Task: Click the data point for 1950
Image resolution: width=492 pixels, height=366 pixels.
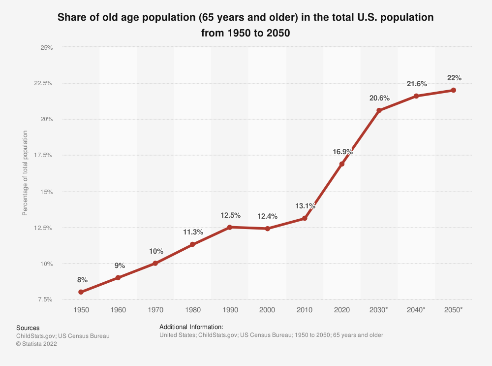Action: (x=81, y=292)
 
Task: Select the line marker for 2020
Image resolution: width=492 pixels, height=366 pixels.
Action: (x=342, y=164)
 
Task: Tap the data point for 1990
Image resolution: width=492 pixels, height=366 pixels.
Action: (x=230, y=227)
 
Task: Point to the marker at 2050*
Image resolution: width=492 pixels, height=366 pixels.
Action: (x=454, y=90)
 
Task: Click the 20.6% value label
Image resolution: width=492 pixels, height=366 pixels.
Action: (x=379, y=98)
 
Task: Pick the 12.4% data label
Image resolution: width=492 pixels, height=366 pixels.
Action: (x=268, y=216)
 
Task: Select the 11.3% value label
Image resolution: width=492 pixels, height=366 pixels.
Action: (x=193, y=232)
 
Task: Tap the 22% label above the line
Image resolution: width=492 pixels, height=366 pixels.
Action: (x=454, y=78)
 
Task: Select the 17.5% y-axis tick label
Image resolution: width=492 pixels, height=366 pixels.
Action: (x=43, y=155)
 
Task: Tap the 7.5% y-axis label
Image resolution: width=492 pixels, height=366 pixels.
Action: (x=45, y=299)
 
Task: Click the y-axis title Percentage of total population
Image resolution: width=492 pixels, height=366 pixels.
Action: (x=25, y=173)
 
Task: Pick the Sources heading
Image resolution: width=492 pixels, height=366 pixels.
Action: (x=28, y=328)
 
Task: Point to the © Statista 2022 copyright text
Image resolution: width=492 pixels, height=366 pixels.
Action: (x=37, y=344)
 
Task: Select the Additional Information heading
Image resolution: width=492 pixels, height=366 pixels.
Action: (x=191, y=327)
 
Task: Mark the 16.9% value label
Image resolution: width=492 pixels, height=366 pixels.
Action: (x=342, y=152)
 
